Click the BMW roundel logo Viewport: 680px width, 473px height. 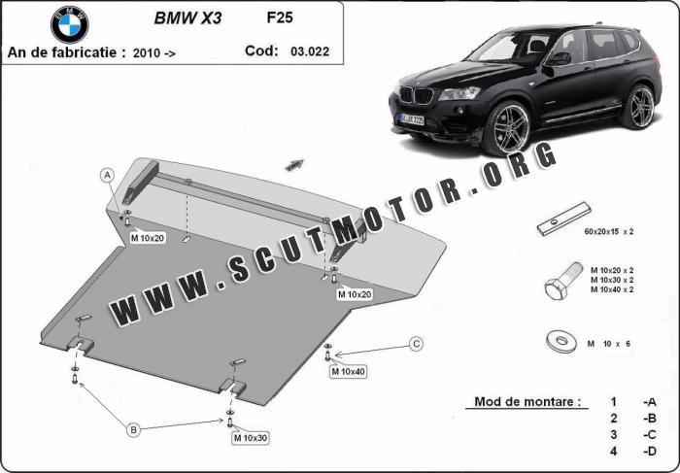coord(69,24)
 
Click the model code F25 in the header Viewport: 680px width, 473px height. coord(280,17)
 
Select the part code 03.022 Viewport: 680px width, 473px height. coord(310,51)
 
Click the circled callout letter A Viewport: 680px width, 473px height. coord(108,176)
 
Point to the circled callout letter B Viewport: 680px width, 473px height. coord(134,429)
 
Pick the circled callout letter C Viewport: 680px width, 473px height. coord(417,344)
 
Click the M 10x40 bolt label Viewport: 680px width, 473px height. coord(348,372)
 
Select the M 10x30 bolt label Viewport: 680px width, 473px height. coord(251,438)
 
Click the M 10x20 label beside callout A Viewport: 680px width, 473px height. coord(148,238)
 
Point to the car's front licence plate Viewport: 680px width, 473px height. coord(413,119)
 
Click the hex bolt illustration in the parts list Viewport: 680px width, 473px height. coord(563,281)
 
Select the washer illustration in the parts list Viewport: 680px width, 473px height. coord(561,341)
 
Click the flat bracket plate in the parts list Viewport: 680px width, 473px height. coord(563,219)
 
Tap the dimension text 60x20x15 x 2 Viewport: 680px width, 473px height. coord(608,231)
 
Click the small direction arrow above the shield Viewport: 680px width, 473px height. coord(294,164)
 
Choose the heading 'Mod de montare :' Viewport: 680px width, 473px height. coord(527,401)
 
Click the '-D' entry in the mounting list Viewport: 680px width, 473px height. coord(649,452)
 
